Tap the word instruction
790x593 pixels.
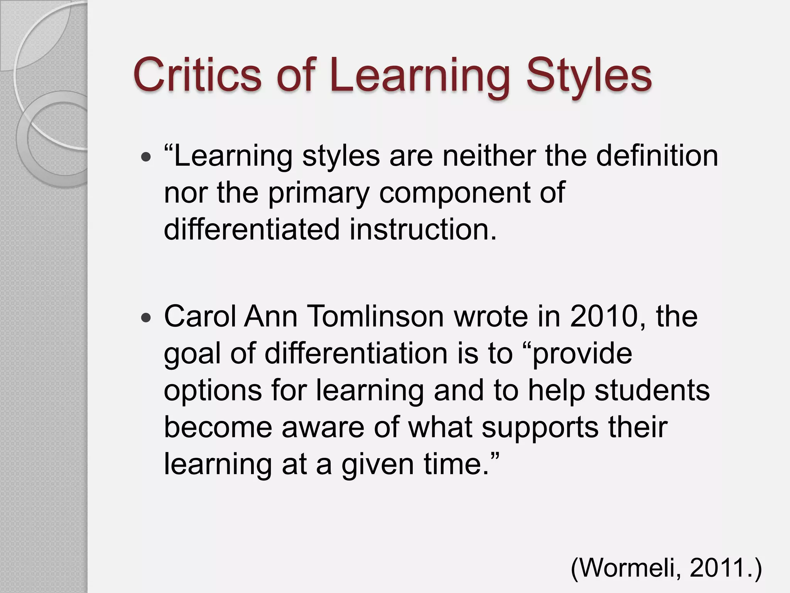(423, 229)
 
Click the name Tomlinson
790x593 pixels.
(376, 316)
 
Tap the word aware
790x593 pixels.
(322, 427)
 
